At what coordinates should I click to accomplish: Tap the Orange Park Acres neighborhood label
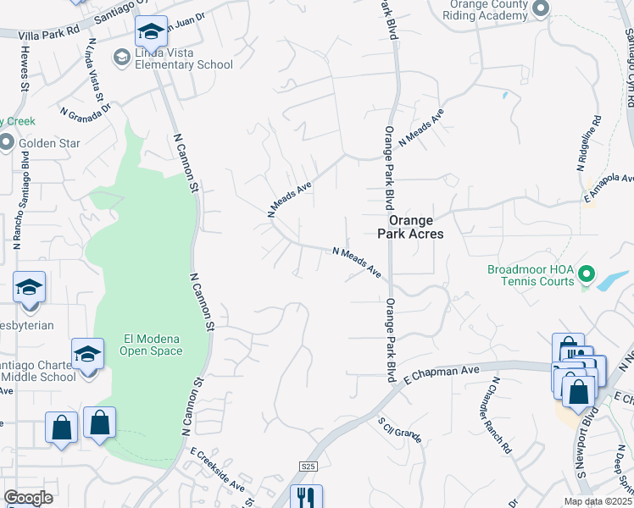[410, 225]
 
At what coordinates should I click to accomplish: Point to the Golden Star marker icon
[7, 143]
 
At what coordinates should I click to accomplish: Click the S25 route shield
[308, 467]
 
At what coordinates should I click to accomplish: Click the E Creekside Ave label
[218, 471]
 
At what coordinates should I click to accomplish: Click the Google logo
[29, 498]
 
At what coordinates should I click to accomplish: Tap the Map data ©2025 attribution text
[599, 501]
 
